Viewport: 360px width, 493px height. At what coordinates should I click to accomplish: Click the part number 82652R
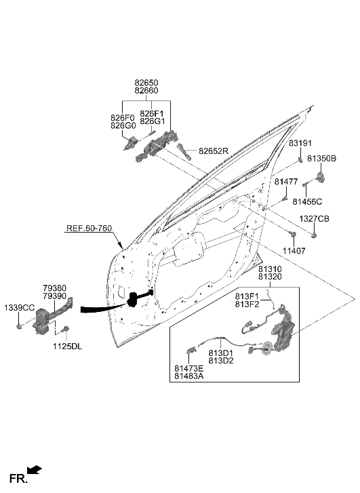pos(214,151)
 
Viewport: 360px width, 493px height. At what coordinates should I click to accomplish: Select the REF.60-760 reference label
pos(89,229)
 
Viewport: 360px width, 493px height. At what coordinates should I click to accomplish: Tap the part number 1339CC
pos(19,308)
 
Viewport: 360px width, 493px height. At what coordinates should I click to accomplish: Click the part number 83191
pos(302,143)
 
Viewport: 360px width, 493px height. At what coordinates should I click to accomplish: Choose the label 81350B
pos(321,158)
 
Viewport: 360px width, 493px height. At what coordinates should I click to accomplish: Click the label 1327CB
pos(315,219)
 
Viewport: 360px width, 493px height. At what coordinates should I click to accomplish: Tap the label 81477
pos(286,182)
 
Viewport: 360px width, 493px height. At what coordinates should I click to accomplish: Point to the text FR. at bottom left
pos(18,479)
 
